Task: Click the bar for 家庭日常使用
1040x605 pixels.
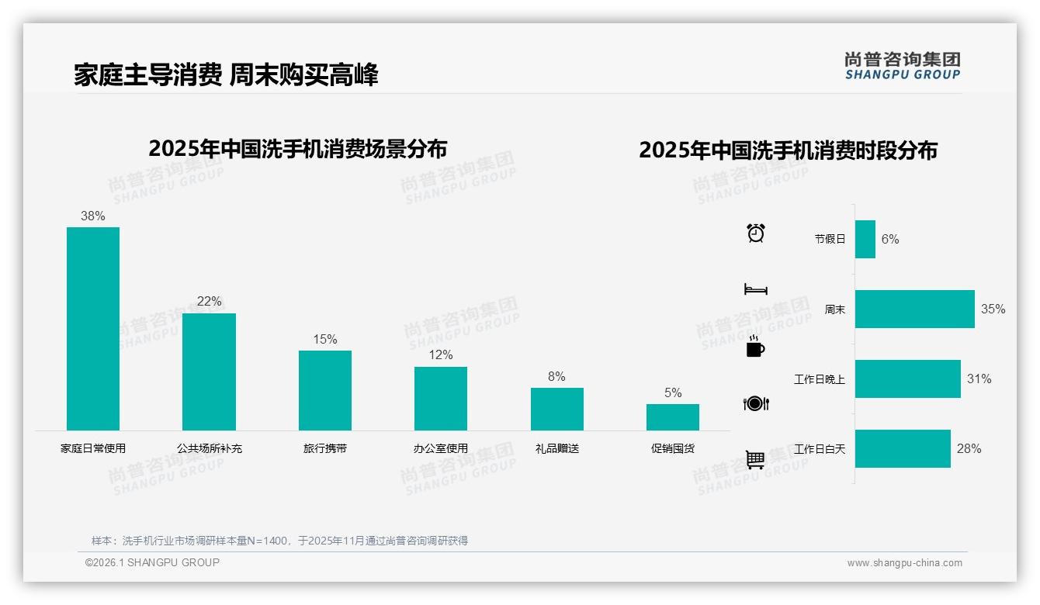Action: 93,328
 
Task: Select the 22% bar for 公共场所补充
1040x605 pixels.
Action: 209,372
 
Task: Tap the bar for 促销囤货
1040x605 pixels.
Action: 672,417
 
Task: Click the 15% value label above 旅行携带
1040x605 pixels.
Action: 324,340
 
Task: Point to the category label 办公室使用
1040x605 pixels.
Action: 441,448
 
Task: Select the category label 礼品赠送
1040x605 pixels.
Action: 556,448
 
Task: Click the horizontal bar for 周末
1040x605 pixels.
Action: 914,309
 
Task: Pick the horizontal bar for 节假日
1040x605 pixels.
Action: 865,239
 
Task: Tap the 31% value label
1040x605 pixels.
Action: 979,379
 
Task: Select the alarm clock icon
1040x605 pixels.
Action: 755,233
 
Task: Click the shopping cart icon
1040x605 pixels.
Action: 755,459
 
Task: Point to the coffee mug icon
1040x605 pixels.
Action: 755,347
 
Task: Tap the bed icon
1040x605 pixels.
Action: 755,289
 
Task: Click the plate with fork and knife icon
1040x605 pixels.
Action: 755,403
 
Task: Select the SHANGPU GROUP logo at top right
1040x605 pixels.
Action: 902,66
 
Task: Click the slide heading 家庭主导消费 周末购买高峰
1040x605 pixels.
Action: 226,75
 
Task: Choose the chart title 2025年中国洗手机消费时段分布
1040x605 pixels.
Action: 788,150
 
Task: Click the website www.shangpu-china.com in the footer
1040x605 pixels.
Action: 904,563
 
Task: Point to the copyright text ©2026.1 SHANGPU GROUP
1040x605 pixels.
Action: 152,562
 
